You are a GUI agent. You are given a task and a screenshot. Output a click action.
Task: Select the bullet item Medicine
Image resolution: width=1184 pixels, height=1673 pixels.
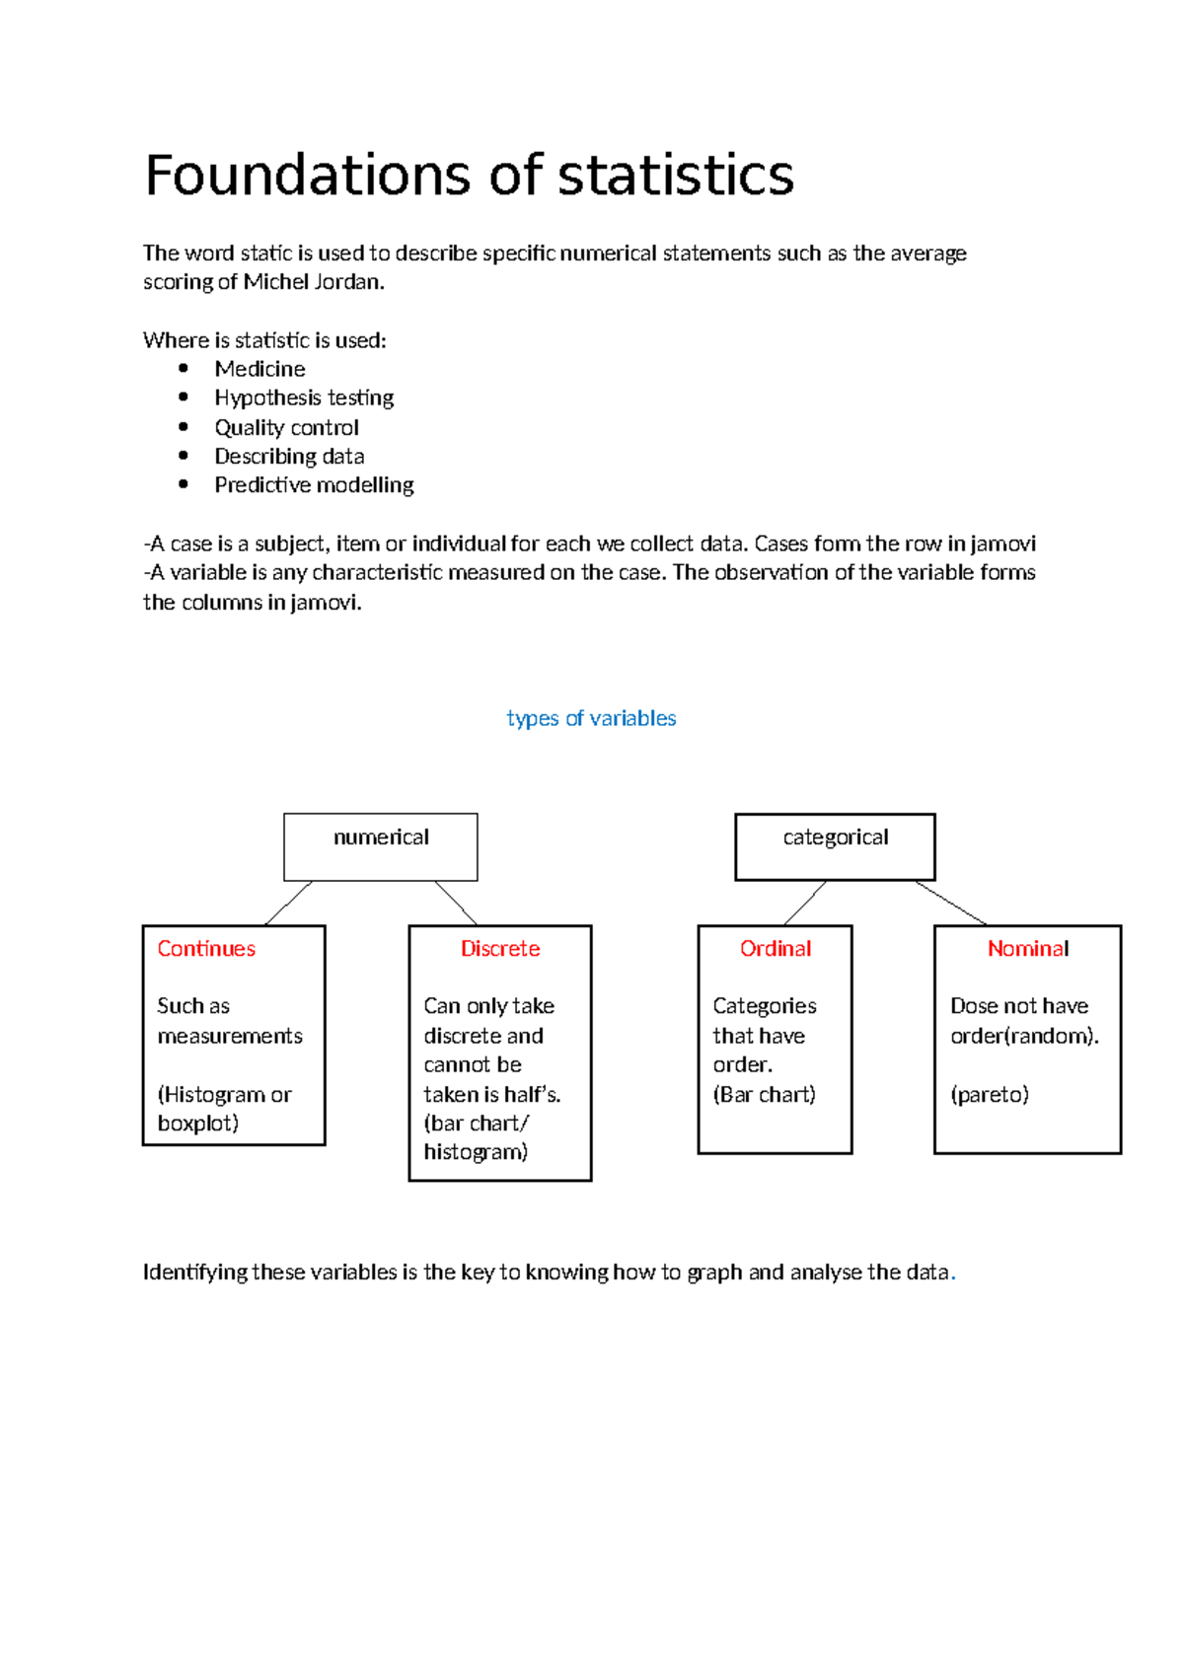pos(259,369)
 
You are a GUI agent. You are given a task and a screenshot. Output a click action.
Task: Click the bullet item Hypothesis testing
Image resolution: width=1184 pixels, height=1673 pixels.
pos(304,398)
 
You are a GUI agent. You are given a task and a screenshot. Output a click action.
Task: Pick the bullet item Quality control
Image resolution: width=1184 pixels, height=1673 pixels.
pos(286,427)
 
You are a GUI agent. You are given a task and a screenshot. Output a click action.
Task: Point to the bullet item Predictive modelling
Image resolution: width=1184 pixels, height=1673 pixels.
pos(314,485)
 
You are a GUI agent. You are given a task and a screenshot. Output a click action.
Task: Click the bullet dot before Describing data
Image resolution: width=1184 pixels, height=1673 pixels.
pos(184,456)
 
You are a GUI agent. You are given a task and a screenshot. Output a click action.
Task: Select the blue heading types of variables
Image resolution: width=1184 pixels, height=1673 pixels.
pos(591,718)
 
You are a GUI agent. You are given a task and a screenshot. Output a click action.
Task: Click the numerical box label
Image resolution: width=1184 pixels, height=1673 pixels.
pos(381,837)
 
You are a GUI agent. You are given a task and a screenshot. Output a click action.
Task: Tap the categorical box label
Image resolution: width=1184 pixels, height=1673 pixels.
pos(835,837)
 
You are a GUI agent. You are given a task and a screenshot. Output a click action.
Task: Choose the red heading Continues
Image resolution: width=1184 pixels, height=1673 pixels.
pos(206,949)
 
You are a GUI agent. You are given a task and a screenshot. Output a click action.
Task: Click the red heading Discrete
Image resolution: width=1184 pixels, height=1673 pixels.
pos(500,949)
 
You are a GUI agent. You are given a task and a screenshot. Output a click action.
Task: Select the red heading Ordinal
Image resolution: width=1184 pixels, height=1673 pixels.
pos(776,949)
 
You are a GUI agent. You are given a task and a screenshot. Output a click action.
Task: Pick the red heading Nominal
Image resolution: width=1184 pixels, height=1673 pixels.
pos(1028,949)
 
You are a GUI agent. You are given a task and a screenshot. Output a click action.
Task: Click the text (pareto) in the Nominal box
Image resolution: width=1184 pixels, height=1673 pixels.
pos(990,1094)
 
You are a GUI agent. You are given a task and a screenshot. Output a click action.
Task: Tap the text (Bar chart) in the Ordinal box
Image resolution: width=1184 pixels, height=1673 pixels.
pos(765,1094)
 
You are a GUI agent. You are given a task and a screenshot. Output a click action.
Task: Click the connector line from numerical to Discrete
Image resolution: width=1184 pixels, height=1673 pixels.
pos(456,903)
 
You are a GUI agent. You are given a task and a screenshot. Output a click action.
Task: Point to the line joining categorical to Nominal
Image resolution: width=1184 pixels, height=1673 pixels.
pos(950,903)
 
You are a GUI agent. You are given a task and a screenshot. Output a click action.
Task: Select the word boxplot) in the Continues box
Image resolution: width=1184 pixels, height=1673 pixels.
pos(198,1124)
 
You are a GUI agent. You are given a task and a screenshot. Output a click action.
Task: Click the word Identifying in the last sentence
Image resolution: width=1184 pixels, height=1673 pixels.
pos(195,1273)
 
